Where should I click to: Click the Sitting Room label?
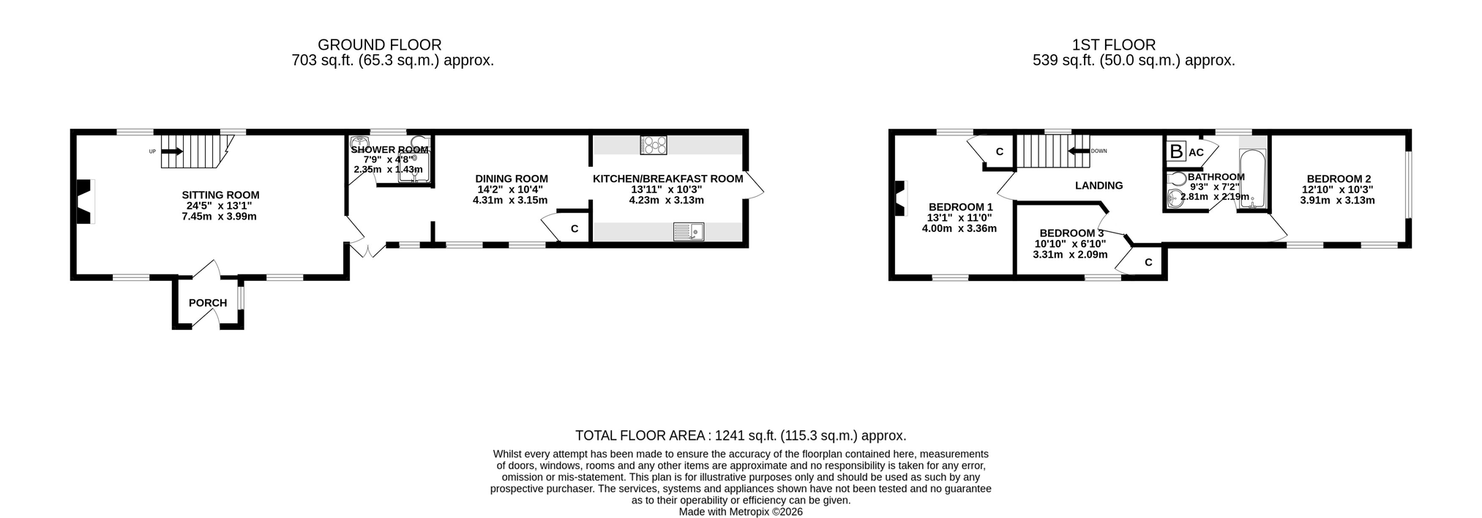coord(220,195)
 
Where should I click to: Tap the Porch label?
coord(208,303)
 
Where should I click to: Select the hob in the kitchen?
coord(654,145)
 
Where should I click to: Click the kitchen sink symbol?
coord(688,232)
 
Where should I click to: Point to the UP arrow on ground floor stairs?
coord(172,151)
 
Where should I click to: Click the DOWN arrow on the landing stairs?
coord(1079,151)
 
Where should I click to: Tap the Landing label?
coord(1099,186)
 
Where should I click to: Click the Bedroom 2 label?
coord(1339,179)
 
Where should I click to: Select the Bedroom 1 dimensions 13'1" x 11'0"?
coord(959,218)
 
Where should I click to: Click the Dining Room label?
coord(512,179)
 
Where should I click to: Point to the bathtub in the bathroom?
coord(1252,179)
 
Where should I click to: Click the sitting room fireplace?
coord(85,201)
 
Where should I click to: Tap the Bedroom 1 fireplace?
coord(899,198)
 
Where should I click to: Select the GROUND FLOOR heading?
coord(379,45)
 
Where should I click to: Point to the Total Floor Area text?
coord(741,436)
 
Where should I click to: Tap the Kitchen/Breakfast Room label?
coord(667,179)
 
